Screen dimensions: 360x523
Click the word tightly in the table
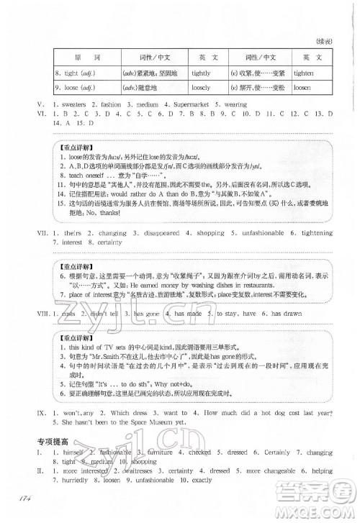pos(202,73)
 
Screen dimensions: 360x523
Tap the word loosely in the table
pos(202,87)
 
